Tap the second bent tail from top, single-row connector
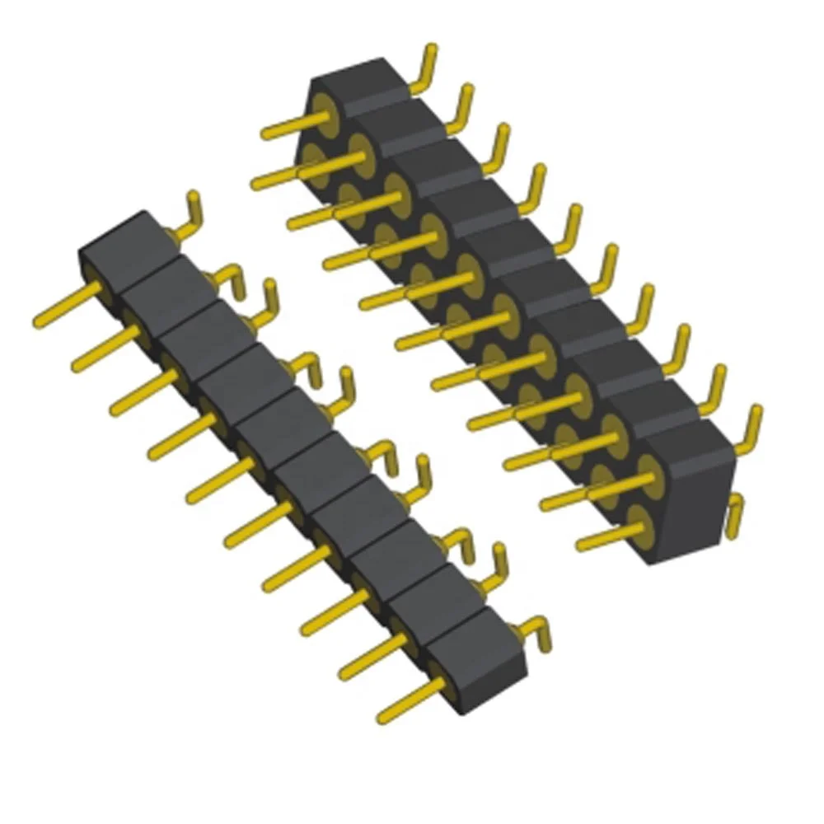[231, 280]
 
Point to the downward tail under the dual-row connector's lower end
[736, 515]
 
